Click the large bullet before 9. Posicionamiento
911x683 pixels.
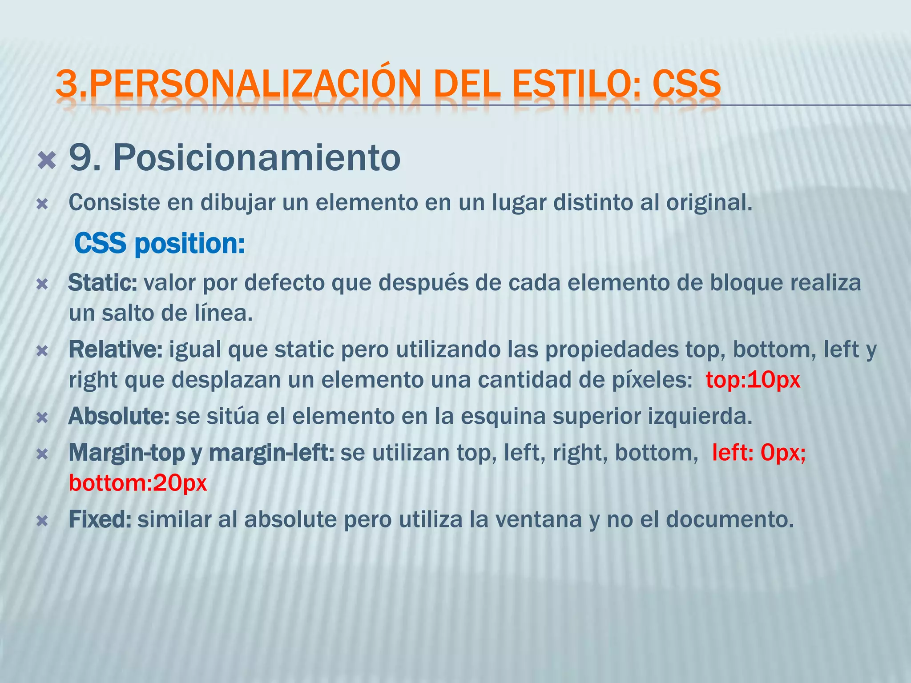(47, 160)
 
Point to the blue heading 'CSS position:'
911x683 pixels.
(159, 244)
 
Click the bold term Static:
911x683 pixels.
(103, 283)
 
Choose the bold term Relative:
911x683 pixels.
(116, 350)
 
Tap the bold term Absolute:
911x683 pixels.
(119, 417)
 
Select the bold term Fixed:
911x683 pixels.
(100, 519)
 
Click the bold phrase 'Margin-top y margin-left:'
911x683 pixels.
(201, 453)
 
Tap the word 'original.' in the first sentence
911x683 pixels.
(709, 203)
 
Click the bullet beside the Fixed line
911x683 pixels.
(42, 521)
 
